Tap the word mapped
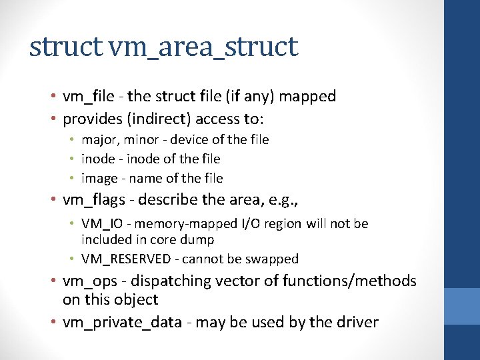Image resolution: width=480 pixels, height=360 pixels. [307, 97]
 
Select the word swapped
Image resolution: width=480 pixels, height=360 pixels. [273, 259]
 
